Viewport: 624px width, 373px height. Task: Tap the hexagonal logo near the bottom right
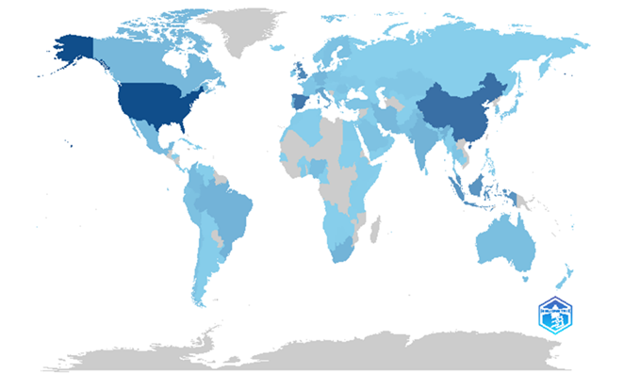(554, 316)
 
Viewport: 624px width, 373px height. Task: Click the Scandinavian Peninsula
(325, 52)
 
